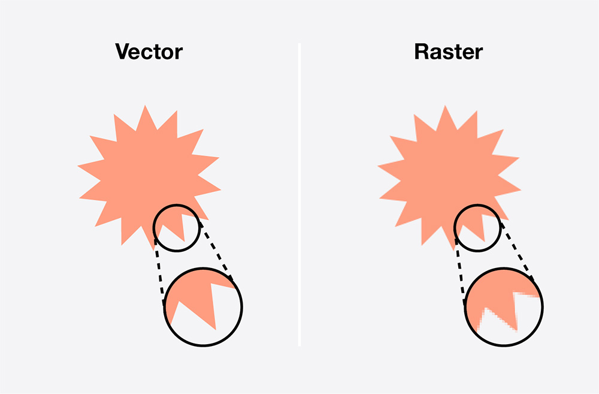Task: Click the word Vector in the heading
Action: tap(149, 52)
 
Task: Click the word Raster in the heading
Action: tap(449, 52)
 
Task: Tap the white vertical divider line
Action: tap(299, 195)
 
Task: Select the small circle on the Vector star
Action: tap(153, 228)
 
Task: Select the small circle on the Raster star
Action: tap(455, 228)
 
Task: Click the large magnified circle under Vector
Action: tap(164, 307)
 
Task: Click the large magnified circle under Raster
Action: tap(465, 307)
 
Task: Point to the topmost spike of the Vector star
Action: tap(145, 106)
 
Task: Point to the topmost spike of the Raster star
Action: tap(445, 106)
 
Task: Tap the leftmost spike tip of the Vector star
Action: tap(78, 166)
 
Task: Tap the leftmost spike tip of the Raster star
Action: tap(378, 166)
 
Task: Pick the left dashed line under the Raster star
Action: tap(460, 272)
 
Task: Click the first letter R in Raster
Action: tap(421, 52)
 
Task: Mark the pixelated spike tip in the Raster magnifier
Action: tap(516, 330)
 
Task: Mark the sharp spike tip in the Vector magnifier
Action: tap(216, 329)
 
